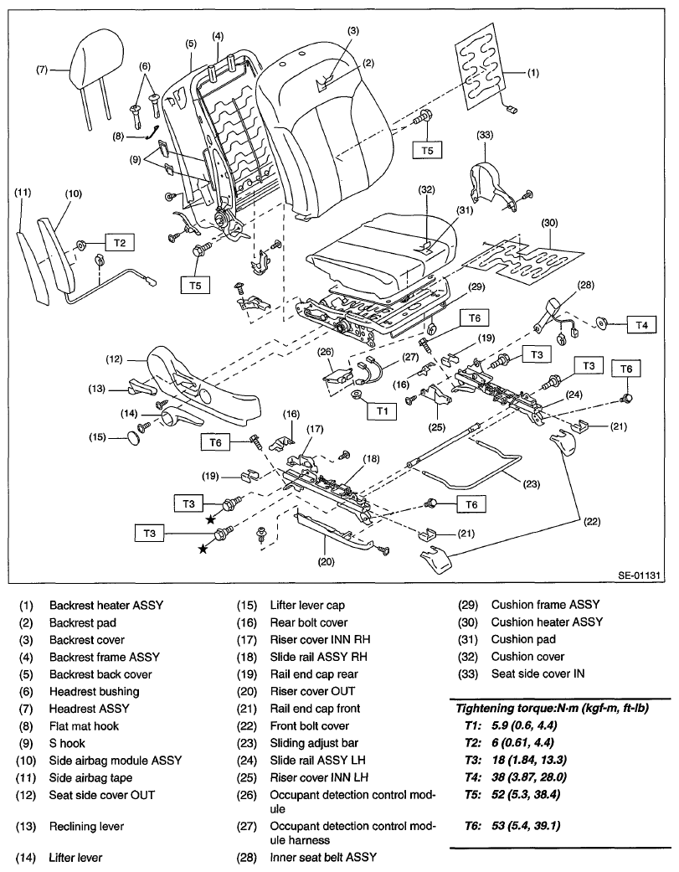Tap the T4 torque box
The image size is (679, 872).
641,325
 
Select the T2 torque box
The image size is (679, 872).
120,242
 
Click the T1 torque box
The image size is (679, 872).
382,411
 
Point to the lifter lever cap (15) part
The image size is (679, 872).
135,437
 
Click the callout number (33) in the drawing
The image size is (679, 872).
485,135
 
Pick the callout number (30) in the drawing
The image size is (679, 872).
549,223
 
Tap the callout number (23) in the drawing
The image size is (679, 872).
531,484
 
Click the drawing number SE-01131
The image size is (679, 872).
639,575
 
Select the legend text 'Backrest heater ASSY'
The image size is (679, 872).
106,605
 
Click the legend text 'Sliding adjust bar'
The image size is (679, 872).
314,743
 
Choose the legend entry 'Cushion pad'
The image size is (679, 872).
523,639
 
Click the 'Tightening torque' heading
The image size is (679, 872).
553,708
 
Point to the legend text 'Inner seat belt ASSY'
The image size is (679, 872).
323,858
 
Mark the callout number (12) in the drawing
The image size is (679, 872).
114,359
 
